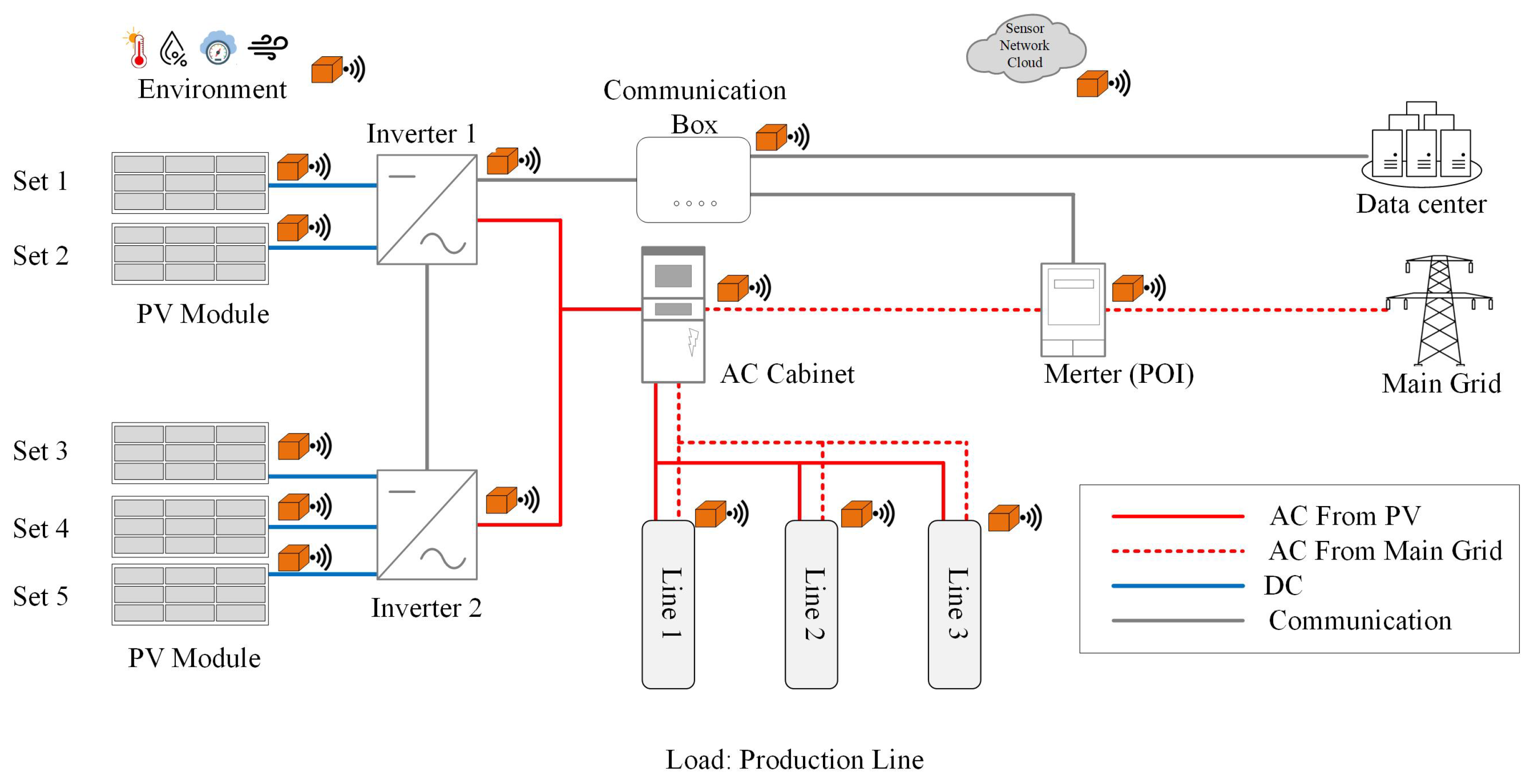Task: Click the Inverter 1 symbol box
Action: (x=427, y=210)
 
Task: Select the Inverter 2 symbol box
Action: (x=427, y=525)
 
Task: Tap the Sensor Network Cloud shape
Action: (x=1025, y=47)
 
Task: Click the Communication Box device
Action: (x=693, y=180)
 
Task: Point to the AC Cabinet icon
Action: (x=673, y=315)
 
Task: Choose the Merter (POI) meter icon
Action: (x=1073, y=309)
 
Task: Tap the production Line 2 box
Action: (x=811, y=604)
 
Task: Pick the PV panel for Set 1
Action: (x=190, y=182)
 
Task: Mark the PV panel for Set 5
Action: (x=190, y=594)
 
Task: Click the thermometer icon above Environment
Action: (x=137, y=48)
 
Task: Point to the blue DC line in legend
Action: (x=1177, y=586)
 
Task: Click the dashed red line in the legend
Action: (x=1177, y=551)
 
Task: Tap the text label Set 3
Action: (x=40, y=451)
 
